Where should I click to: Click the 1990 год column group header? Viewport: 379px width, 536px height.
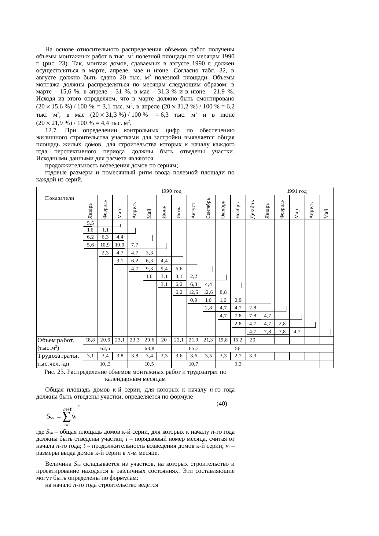(171, 191)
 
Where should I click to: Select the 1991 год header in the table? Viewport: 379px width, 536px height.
(296, 191)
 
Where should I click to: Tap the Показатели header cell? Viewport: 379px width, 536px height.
(60, 198)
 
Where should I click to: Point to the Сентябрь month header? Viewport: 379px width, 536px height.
(208, 208)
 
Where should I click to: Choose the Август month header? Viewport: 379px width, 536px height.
(193, 210)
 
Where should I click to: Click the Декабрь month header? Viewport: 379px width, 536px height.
(252, 209)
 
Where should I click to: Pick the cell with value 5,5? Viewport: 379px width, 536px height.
(90, 223)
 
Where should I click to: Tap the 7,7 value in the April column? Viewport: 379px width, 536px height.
(134, 245)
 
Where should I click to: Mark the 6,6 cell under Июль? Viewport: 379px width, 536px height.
(179, 268)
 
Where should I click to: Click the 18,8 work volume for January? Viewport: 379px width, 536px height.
(90, 340)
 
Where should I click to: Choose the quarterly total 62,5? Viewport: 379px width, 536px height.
(105, 348)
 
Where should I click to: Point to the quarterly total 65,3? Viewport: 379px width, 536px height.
(194, 348)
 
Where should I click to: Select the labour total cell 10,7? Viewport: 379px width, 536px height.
(194, 364)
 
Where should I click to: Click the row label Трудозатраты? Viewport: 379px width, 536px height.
(58, 356)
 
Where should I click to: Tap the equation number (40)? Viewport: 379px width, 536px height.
(221, 404)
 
